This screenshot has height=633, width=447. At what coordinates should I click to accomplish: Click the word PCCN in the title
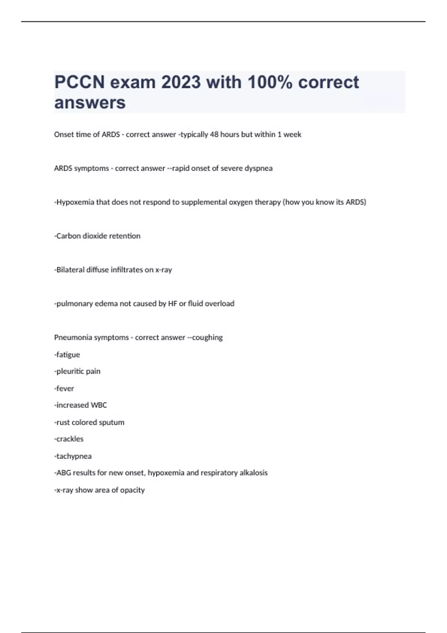79,82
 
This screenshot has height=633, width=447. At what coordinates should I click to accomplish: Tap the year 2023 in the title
181,82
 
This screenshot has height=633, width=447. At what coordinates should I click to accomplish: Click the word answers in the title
90,102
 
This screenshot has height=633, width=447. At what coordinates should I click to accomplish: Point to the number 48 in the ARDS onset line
214,134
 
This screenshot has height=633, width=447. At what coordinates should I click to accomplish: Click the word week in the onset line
292,134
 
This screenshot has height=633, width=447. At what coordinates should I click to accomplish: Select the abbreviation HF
172,303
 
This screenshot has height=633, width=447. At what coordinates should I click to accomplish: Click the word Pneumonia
73,337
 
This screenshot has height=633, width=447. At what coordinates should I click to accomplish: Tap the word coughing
207,337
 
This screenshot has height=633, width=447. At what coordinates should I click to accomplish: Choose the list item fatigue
68,355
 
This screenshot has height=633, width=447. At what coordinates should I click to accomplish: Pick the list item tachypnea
74,456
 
